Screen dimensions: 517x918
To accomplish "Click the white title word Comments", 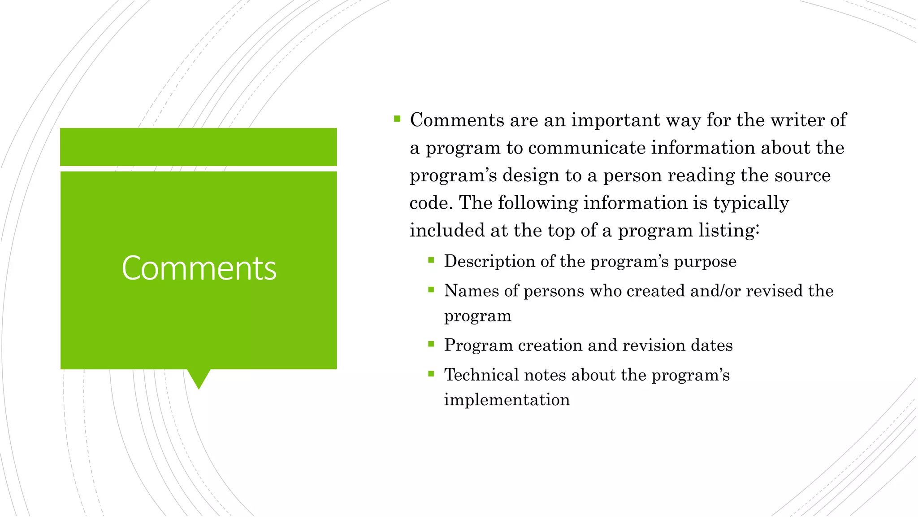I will pos(199,268).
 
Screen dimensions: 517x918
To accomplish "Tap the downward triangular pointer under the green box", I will pos(199,378).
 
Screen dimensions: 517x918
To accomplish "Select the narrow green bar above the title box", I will pos(199,147).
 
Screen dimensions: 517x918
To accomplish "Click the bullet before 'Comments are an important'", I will pos(397,119).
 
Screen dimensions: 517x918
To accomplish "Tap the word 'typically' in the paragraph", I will pos(751,203).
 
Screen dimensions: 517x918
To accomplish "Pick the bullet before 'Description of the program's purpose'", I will pos(431,260).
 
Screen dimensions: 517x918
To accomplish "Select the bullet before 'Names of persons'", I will pos(431,289).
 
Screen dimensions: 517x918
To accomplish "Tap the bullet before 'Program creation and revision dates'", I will pos(431,344).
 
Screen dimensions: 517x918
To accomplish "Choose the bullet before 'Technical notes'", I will pos(431,373).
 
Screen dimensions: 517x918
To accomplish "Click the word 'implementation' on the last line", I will pos(507,400).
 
